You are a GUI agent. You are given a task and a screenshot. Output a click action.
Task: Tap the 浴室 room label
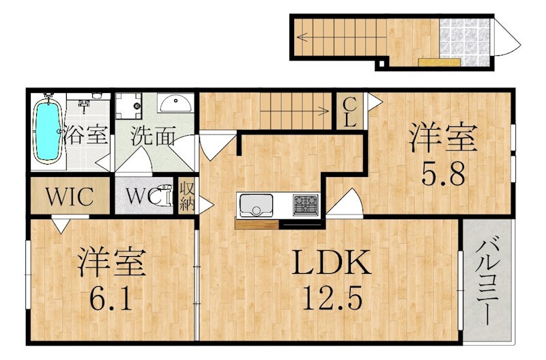pyautogui.click(x=86, y=135)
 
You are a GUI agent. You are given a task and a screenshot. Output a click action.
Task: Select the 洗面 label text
pyautogui.click(x=154, y=137)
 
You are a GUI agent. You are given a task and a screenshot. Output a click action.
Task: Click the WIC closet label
pyautogui.click(x=69, y=197)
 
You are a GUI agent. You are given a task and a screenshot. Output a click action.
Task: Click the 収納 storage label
pyautogui.click(x=186, y=196)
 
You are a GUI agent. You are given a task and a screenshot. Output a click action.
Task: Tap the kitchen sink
pyautogui.click(x=256, y=204)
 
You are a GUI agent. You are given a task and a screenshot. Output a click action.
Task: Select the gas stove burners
pyautogui.click(x=304, y=204)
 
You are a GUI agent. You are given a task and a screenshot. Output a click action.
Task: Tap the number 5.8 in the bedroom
pyautogui.click(x=442, y=176)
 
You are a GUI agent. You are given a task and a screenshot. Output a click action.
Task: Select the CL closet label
pyautogui.click(x=349, y=113)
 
